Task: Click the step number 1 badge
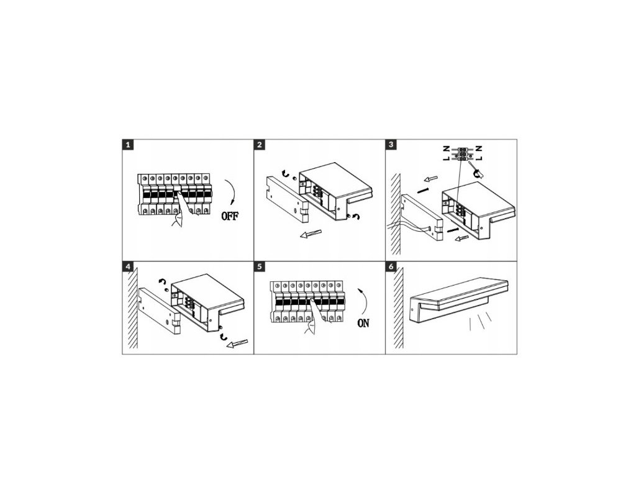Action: pyautogui.click(x=128, y=145)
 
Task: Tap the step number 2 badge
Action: pyautogui.click(x=260, y=145)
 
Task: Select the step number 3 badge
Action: pyautogui.click(x=391, y=145)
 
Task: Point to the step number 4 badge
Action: pyautogui.click(x=128, y=266)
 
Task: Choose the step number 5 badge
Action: pyautogui.click(x=260, y=266)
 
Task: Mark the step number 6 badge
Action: pyautogui.click(x=391, y=266)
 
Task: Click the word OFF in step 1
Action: pyautogui.click(x=230, y=216)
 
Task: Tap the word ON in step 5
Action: pyautogui.click(x=363, y=323)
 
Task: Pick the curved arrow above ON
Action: pyautogui.click(x=365, y=302)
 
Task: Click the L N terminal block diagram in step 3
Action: pyautogui.click(x=462, y=154)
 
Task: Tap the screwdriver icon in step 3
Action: pyautogui.click(x=475, y=170)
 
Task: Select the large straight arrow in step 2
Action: pyautogui.click(x=311, y=234)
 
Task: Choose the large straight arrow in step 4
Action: pyautogui.click(x=237, y=343)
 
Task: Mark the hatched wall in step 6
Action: pyautogui.click(x=398, y=308)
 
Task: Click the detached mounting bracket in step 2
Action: pyautogui.click(x=286, y=199)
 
